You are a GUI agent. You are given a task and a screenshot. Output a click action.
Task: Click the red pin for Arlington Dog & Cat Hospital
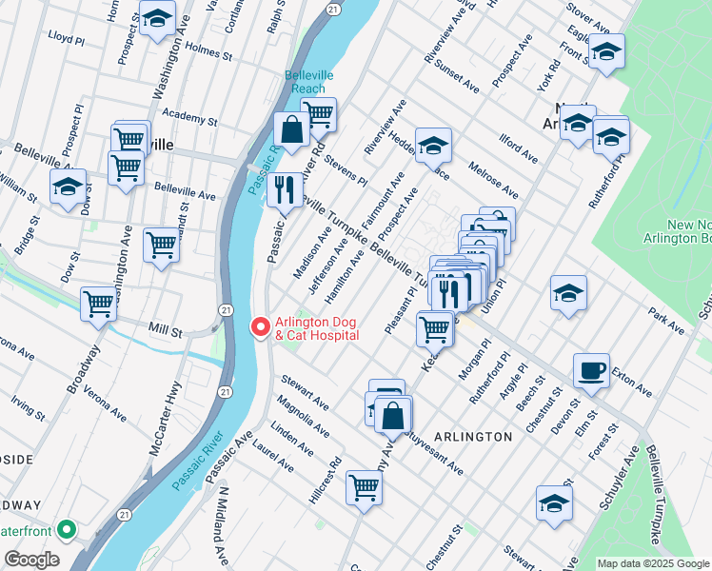pos(258,327)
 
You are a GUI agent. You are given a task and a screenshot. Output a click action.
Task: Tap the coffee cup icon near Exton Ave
pos(591,370)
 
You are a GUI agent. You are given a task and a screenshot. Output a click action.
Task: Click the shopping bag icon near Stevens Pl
pos(291,130)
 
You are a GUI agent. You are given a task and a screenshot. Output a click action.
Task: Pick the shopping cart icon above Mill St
pos(98,305)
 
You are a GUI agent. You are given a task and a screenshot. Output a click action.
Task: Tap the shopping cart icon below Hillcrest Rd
pos(364,488)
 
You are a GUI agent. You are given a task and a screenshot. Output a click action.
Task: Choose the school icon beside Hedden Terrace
pos(433,145)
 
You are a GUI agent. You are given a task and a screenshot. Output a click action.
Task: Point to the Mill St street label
pos(165,329)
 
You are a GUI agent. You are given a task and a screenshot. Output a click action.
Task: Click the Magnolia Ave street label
pos(304,419)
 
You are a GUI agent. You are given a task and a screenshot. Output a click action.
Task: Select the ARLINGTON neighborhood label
pos(473,436)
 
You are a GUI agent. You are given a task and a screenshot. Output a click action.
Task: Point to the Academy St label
pos(190,119)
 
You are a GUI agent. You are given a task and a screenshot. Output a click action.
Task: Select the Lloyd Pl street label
pos(67,36)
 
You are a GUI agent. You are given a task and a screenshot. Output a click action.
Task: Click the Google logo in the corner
pos(31,560)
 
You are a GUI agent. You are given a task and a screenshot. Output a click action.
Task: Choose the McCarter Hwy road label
pos(164,418)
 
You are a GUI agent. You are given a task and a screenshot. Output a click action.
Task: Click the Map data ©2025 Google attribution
pos(653,563)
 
